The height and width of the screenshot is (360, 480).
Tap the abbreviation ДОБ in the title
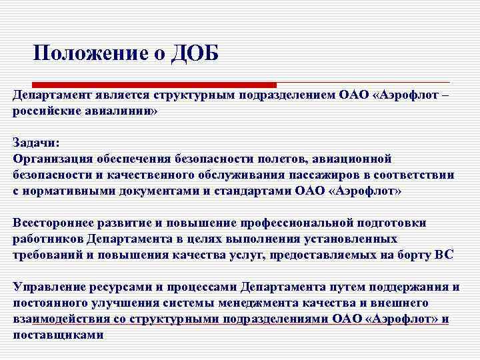[194, 52]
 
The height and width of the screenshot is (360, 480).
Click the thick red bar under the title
[144, 85]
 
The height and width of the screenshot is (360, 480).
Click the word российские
[45, 111]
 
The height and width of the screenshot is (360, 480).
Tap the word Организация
[49, 159]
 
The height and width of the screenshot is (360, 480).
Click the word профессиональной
[283, 223]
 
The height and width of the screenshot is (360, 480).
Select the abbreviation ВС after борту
[443, 255]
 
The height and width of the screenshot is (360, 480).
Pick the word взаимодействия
[60, 319]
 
